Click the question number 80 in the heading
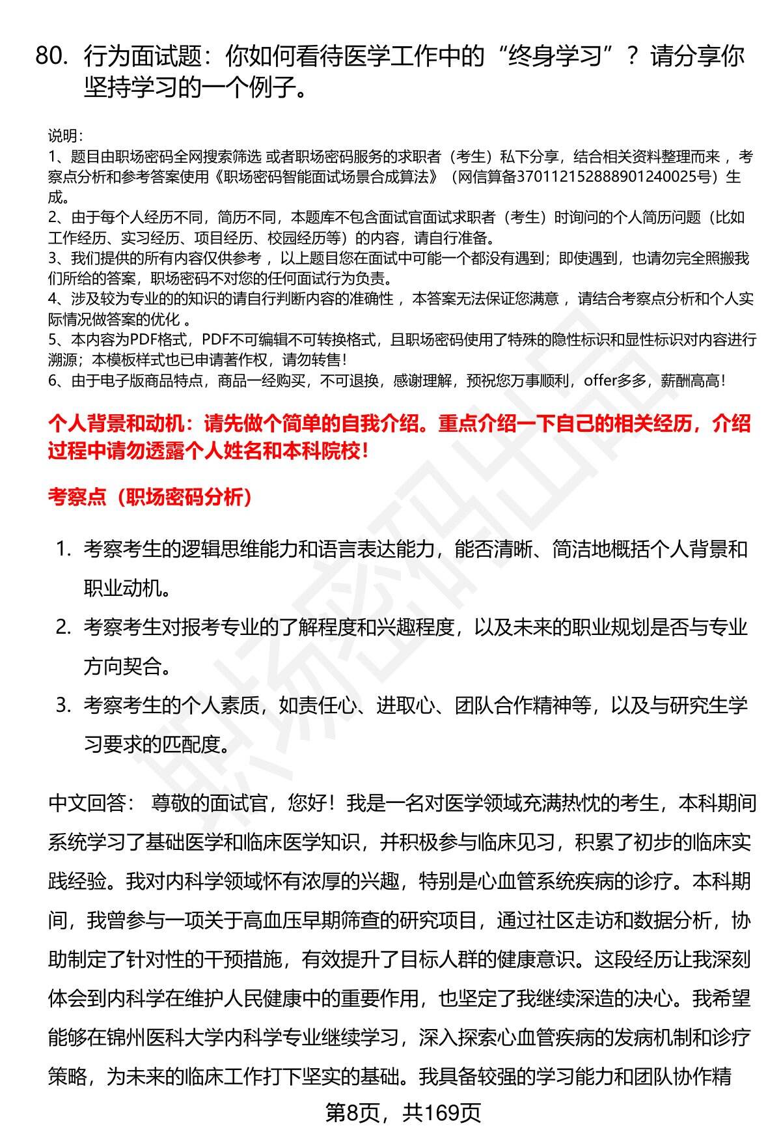[51, 57]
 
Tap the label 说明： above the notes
[65, 136]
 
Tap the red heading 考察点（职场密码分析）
[150, 498]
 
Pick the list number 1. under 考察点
[63, 549]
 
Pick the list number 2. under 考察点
[63, 627]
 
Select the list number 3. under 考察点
[63, 705]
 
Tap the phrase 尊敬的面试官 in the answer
[209, 803]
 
